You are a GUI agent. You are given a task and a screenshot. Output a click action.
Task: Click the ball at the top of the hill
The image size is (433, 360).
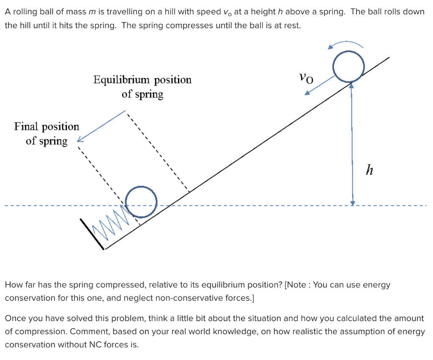point(348,66)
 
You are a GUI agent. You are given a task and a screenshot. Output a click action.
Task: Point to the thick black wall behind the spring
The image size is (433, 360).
point(92,233)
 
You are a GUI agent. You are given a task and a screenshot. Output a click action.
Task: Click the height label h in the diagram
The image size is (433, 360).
point(370,170)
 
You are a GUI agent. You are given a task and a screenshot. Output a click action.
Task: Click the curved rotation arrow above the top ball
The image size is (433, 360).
point(346,44)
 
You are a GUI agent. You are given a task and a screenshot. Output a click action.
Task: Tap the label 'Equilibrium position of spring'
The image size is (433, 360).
point(143,87)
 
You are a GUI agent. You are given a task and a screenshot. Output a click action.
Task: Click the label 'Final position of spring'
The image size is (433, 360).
point(47,134)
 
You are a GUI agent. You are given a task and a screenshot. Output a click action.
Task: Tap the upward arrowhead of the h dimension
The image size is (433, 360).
point(351,86)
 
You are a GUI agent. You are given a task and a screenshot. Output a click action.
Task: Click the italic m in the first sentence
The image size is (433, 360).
point(90,12)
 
